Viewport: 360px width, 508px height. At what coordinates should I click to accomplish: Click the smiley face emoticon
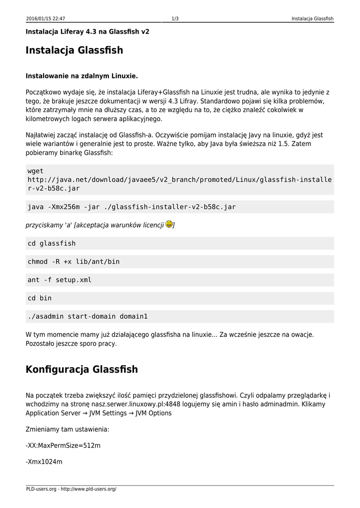pos(169,224)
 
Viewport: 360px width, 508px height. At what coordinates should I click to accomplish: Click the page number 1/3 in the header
pos(175,19)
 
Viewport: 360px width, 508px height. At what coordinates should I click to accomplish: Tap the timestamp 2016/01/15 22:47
pos(46,19)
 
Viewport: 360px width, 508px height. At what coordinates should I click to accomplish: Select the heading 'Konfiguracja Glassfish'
pos(81,370)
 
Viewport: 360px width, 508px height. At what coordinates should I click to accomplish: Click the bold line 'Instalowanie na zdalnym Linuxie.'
pos(81,76)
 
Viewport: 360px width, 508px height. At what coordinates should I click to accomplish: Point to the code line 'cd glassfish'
pos(52,244)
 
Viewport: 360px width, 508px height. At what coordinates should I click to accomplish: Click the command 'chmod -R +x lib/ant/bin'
pos(73,261)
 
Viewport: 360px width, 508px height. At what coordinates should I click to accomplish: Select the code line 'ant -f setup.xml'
pos(60,280)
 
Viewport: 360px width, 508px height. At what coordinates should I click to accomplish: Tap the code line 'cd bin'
pos(40,298)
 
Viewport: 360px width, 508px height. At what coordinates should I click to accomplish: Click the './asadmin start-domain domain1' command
pos(88,316)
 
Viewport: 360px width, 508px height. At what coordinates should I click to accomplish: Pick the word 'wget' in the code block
pos(36,171)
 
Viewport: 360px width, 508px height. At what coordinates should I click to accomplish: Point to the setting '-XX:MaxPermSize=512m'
pos(63,445)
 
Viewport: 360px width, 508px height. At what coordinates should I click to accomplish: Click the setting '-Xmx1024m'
pos(44,462)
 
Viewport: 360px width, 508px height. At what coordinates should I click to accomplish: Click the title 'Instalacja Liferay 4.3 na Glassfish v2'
pos(87,32)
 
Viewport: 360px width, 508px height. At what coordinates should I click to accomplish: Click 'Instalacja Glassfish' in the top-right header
pos(312,19)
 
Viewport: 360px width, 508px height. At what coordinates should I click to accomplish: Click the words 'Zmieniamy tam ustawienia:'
pos(67,429)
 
